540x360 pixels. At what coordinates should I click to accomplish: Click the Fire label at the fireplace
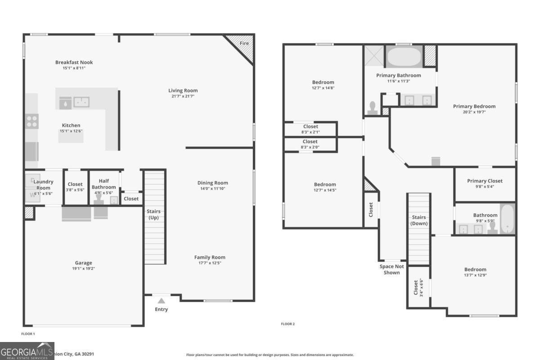244,43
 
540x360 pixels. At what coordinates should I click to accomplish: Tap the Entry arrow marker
161,301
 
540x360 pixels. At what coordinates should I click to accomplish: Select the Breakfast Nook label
74,63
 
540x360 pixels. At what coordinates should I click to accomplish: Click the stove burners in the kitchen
32,121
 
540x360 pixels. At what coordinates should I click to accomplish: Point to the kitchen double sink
81,103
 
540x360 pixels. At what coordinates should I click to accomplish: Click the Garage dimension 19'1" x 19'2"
83,269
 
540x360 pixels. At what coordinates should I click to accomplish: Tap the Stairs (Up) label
154,214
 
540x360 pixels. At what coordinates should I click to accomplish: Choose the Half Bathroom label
104,184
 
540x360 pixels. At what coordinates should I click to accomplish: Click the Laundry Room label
44,184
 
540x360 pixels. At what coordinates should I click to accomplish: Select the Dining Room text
212,183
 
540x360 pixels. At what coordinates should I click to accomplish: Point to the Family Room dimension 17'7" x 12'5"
209,263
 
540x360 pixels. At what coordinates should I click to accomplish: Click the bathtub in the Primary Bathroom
404,58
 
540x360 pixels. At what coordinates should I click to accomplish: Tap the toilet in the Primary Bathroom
372,108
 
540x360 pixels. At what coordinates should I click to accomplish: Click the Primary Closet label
485,181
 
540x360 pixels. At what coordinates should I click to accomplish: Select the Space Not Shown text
391,269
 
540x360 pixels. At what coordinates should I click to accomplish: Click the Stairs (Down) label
419,220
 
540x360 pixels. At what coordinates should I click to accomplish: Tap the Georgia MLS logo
27,351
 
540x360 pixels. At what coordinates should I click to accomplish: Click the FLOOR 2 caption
288,324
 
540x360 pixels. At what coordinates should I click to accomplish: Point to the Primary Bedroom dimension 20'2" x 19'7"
474,112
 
